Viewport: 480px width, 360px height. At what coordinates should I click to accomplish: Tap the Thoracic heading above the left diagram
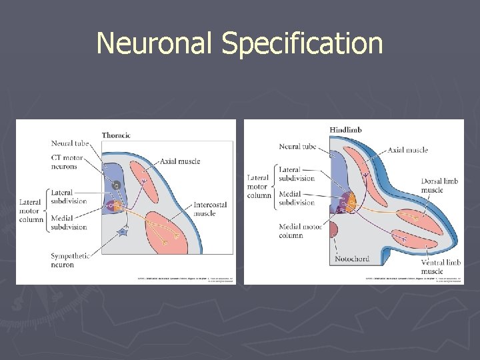pyautogui.click(x=116, y=135)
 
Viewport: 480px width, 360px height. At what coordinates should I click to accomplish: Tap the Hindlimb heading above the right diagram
pyautogui.click(x=345, y=129)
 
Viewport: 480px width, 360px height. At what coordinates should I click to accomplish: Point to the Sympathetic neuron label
pyautogui.click(x=71, y=260)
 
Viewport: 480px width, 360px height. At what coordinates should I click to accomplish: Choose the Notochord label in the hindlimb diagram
pyautogui.click(x=352, y=258)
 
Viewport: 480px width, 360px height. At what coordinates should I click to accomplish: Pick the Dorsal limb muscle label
pyautogui.click(x=441, y=185)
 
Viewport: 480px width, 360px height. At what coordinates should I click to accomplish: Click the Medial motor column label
pyautogui.click(x=300, y=231)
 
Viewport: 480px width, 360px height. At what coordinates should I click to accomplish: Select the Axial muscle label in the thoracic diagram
pyautogui.click(x=179, y=161)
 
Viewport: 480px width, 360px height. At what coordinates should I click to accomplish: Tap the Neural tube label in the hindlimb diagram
pyautogui.click(x=297, y=147)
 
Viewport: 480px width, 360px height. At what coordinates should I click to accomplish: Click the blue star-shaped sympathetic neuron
pyautogui.click(x=122, y=232)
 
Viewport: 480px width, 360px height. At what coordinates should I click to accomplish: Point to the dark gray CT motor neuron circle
pyautogui.click(x=117, y=185)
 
